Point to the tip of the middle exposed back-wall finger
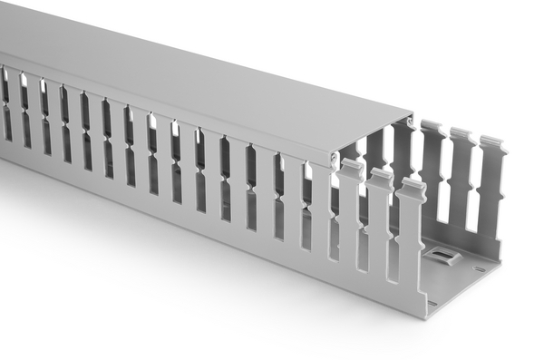pos(462,135)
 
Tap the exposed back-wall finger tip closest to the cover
pos(432,127)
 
